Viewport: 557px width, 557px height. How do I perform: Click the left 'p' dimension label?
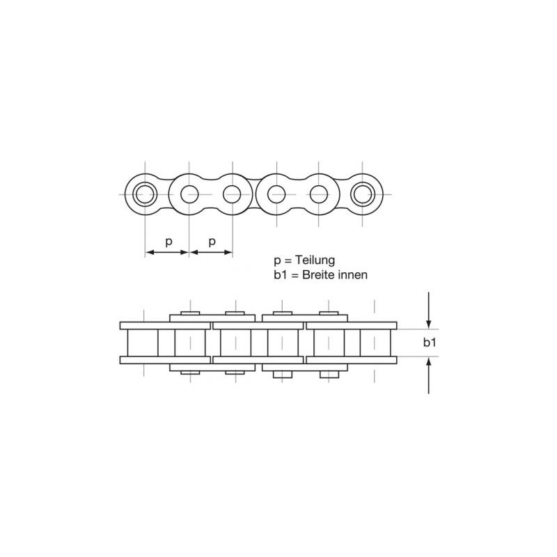(x=168, y=241)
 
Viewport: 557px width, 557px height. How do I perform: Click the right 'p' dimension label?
(x=212, y=241)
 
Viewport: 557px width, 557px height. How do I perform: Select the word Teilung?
(x=315, y=260)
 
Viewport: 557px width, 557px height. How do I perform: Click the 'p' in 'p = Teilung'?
(x=277, y=261)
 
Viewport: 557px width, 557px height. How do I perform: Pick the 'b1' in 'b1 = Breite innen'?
(x=281, y=275)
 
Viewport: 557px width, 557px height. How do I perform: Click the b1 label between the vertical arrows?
(x=430, y=343)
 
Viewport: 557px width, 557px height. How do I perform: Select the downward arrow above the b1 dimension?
(x=429, y=311)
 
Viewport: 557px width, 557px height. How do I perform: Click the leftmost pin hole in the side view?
(x=145, y=194)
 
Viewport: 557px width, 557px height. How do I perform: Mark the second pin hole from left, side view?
(x=189, y=194)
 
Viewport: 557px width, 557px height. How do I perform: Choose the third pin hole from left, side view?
(x=232, y=194)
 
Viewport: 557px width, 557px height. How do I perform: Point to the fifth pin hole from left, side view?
(x=319, y=194)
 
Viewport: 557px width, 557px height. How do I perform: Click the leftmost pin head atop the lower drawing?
(x=190, y=313)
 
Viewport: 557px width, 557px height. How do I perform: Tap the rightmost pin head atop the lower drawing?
(x=329, y=313)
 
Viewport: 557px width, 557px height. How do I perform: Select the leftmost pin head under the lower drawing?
(x=190, y=372)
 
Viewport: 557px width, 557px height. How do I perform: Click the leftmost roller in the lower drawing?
(x=143, y=343)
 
